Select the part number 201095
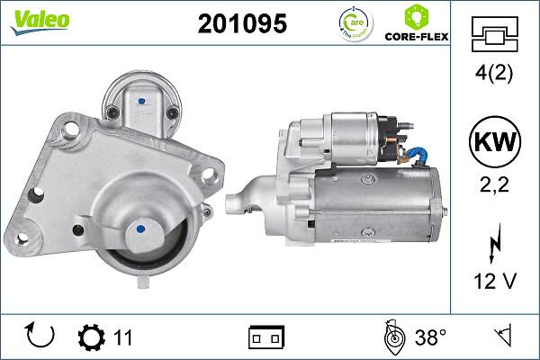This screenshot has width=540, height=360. (242, 25)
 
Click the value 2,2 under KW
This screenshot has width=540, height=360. (494, 187)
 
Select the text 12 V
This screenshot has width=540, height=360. (494, 281)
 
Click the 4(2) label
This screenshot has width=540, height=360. (494, 75)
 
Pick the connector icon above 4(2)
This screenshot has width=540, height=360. (494, 35)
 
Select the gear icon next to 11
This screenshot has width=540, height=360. (91, 337)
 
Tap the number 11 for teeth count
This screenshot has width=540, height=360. (123, 337)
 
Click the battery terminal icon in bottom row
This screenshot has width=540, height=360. (266, 337)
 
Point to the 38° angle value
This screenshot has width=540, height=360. (430, 337)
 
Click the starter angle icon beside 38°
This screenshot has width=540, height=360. (391, 337)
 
